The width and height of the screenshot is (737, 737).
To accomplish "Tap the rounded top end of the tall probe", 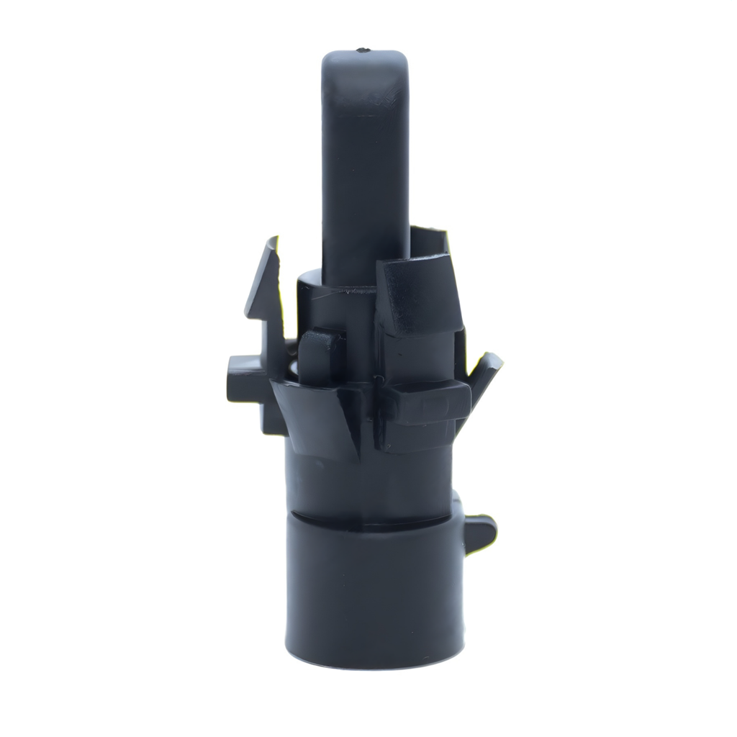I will [x=365, y=60].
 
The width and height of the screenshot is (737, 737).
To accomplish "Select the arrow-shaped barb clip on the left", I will [x=264, y=288].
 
